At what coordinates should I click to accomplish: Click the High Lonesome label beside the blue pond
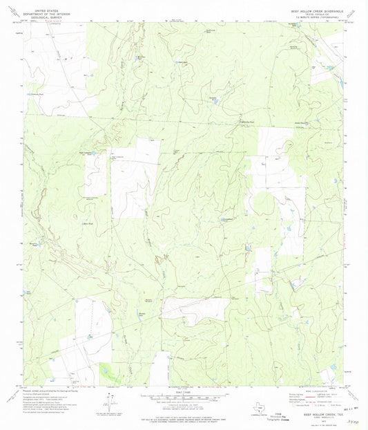point(85,153)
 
